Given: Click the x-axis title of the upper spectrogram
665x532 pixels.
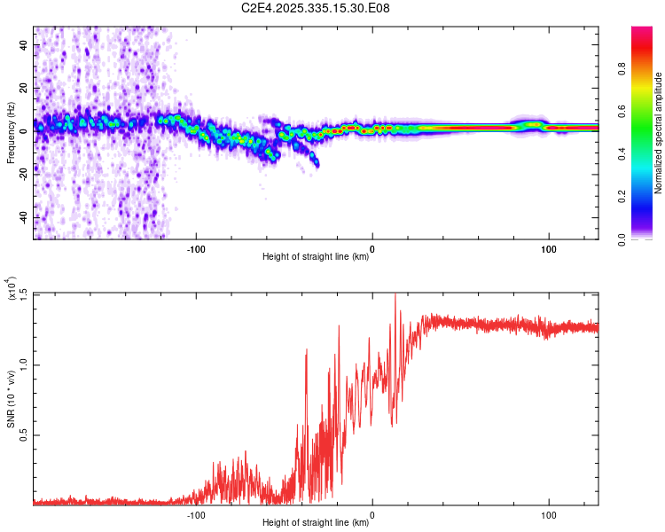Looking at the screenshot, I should (316, 257).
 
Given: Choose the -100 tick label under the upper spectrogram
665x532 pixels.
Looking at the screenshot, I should (196, 248).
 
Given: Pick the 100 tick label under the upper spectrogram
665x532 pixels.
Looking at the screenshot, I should (549, 248).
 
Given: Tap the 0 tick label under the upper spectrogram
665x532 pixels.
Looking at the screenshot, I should (372, 248).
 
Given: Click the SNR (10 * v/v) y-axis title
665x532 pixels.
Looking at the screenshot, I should (12, 398).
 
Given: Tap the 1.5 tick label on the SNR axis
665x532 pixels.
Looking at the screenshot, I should (23, 293).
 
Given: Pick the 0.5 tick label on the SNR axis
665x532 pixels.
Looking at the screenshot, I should (23, 434).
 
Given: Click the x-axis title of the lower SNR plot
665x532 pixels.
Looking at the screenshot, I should (316, 523).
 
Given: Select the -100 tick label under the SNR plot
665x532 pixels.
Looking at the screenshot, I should (196, 514).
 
